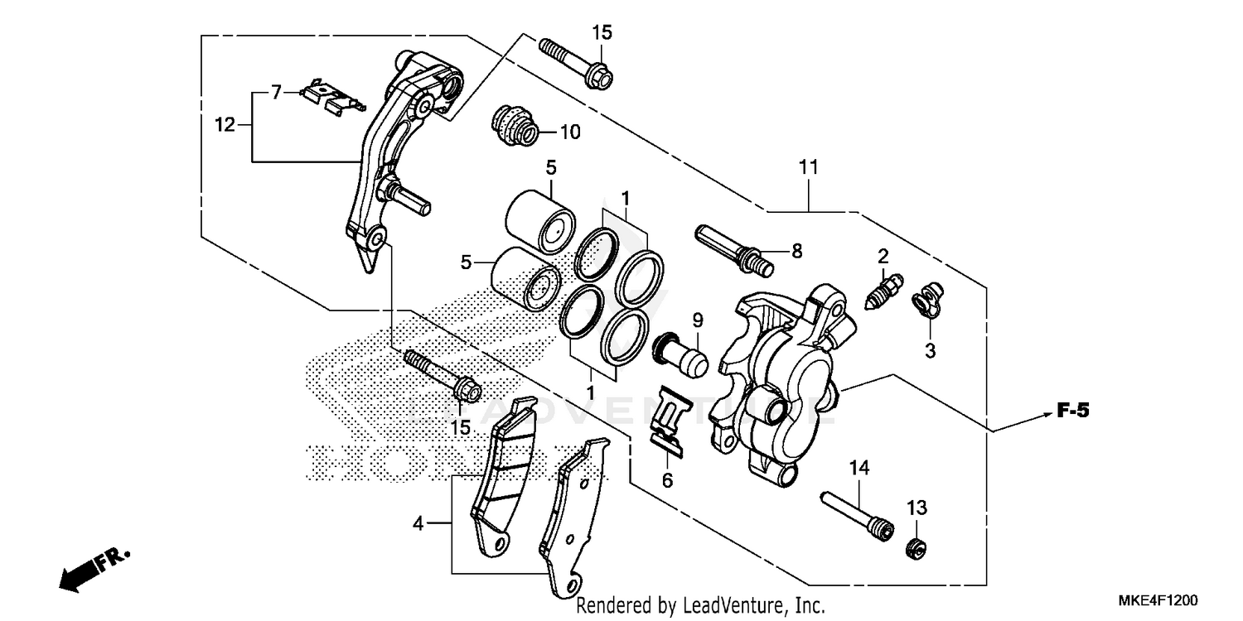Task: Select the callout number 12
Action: pos(225,125)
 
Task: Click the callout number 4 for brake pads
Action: pos(419,523)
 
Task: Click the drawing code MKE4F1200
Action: pos(1162,599)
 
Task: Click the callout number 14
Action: pos(858,469)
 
